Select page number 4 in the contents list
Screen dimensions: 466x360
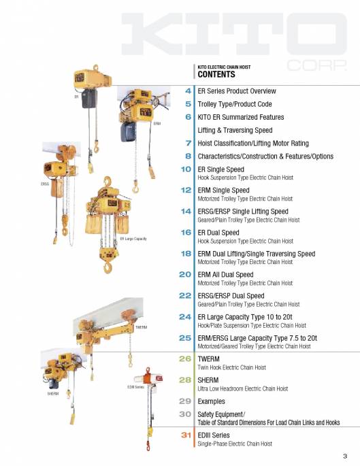pyautogui.click(x=188, y=90)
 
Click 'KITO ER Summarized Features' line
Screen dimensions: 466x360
pyautogui.click(x=240, y=117)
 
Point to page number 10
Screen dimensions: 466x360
pyautogui.click(x=186, y=169)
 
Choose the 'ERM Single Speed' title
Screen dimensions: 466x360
pyautogui.click(x=223, y=190)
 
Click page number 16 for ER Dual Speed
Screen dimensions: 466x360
pyautogui.click(x=186, y=232)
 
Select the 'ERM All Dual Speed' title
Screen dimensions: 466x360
pyautogui.click(x=225, y=274)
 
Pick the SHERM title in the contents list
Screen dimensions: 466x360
pyautogui.click(x=208, y=380)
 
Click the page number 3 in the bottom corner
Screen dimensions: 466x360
pyautogui.click(x=345, y=456)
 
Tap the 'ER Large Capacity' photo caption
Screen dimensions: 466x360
pyautogui.click(x=133, y=239)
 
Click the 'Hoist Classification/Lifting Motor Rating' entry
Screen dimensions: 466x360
pyautogui.click(x=252, y=143)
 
